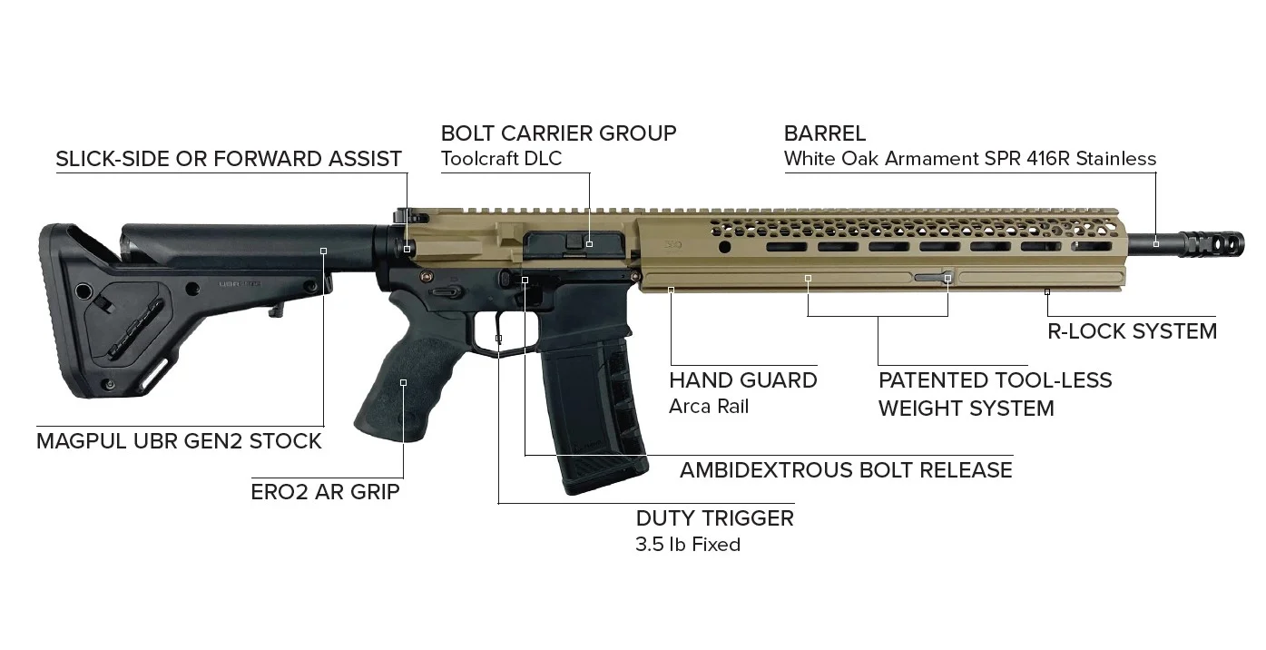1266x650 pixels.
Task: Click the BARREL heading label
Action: (825, 133)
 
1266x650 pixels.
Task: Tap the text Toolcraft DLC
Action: (501, 158)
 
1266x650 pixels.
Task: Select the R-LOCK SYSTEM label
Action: (1132, 331)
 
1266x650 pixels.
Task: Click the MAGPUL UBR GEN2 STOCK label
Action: (179, 441)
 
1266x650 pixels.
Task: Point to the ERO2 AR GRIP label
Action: (325, 492)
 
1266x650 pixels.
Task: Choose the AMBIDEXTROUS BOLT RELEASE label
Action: (846, 470)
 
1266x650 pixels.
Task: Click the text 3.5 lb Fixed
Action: (688, 545)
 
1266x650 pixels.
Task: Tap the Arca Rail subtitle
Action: (709, 407)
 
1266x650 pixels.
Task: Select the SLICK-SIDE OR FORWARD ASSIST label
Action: (229, 159)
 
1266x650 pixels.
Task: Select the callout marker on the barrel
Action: (1156, 244)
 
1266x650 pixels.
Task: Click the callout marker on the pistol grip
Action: (403, 383)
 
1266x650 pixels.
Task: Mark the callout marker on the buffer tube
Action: (323, 251)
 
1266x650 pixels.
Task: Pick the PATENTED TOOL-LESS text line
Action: (995, 380)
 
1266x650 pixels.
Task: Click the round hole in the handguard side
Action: (724, 247)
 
